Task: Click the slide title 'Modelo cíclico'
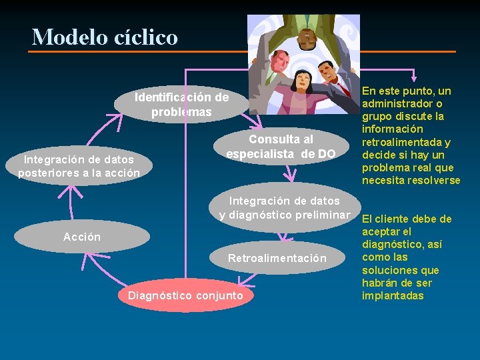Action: [105, 37]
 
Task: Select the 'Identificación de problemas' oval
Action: [181, 105]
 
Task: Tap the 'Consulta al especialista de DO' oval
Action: [281, 147]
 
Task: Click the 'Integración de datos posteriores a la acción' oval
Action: [79, 166]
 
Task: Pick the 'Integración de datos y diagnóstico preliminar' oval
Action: [285, 207]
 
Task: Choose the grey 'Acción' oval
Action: [82, 237]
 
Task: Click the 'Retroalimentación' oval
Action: [277, 258]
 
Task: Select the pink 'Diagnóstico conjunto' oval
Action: [185, 295]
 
